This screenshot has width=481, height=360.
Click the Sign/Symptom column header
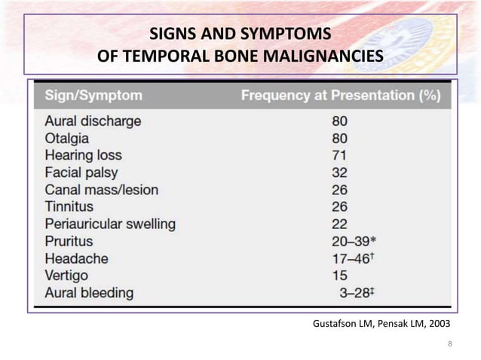pyautogui.click(x=93, y=96)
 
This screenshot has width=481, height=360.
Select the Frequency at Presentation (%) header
pyautogui.click(x=340, y=96)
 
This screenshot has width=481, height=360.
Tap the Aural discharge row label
pyautogui.click(x=93, y=121)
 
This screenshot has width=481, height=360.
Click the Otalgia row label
pyautogui.click(x=67, y=138)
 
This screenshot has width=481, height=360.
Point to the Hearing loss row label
pyautogui.click(x=83, y=155)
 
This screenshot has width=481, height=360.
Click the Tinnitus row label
pyautogui.click(x=69, y=206)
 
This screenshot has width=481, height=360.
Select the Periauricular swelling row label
pyautogui.click(x=110, y=224)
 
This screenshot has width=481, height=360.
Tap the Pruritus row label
pyautogui.click(x=69, y=241)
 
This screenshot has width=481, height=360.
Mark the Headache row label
pyautogui.click(x=76, y=258)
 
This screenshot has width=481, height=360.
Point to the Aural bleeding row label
pyautogui.click(x=89, y=292)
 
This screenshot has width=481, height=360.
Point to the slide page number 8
pyautogui.click(x=449, y=345)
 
